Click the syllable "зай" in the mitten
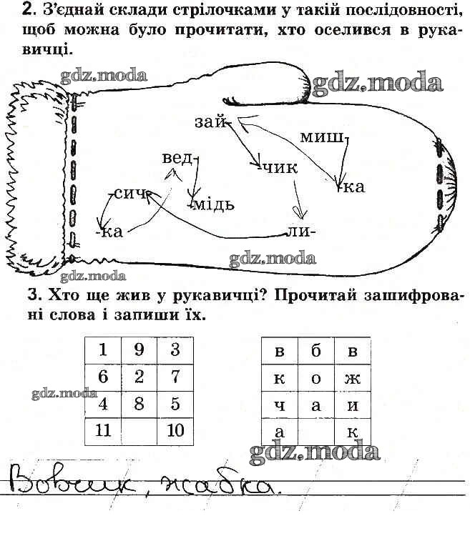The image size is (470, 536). point(210,122)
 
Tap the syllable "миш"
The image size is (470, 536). point(321,137)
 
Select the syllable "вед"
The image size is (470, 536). point(177,159)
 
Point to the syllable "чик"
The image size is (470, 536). point(281,168)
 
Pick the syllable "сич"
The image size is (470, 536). point(130,194)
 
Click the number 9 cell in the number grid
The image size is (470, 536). point(139,350)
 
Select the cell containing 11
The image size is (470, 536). point(103,432)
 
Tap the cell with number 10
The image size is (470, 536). point(175,432)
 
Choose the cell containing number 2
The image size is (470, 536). point(139,377)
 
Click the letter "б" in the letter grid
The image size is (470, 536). point(316,351)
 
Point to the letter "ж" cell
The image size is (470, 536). point(353,378)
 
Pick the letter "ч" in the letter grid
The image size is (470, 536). point(280,405)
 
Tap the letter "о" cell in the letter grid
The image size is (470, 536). point(316,378)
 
